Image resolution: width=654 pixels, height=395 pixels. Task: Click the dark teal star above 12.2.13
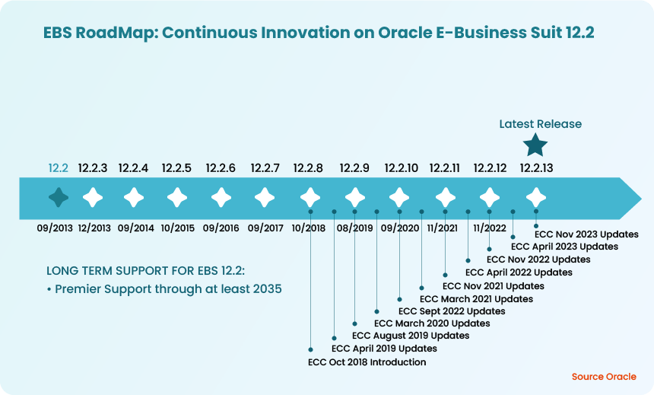point(536,144)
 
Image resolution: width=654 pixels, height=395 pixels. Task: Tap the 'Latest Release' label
point(540,124)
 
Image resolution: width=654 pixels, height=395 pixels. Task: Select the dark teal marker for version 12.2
point(59,198)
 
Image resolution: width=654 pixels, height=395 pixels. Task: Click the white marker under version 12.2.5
point(177,198)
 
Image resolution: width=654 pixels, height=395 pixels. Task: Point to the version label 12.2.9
point(354,168)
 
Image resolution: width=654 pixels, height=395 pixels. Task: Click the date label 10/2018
point(308,228)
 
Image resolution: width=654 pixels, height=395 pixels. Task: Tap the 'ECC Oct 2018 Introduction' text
point(367,362)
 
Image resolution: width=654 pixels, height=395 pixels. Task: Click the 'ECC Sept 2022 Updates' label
point(452,311)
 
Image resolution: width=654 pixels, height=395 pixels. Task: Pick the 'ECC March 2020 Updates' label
point(432,323)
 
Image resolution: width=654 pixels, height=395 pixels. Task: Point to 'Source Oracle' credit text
point(603,377)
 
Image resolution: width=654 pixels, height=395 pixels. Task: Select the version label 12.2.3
point(93,168)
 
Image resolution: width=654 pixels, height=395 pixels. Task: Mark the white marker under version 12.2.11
point(445,198)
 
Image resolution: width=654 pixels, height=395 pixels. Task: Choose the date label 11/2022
point(489,228)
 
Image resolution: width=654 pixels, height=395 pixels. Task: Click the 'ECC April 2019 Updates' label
point(384,349)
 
